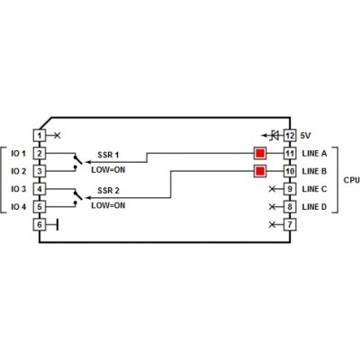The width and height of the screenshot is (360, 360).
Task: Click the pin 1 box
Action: click(x=40, y=136)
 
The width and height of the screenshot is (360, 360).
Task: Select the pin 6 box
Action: click(x=40, y=225)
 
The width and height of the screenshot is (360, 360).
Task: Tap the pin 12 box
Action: click(x=290, y=136)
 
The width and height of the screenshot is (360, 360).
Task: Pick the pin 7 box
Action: click(x=290, y=225)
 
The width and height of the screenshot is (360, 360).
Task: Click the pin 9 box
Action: click(x=290, y=189)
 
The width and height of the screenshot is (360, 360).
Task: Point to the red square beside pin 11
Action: click(x=260, y=154)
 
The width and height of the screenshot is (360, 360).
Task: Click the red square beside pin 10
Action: click(x=260, y=171)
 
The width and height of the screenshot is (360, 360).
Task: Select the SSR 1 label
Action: click(x=108, y=155)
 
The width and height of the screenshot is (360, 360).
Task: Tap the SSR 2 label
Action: click(x=108, y=191)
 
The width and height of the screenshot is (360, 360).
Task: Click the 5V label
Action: click(x=305, y=136)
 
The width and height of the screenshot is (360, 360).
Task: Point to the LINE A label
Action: click(x=314, y=154)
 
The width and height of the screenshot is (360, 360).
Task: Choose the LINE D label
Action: click(x=314, y=207)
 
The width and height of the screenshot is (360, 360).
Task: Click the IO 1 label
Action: click(x=19, y=154)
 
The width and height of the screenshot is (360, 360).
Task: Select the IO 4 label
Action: click(x=19, y=207)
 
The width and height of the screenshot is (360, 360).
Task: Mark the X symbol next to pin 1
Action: click(x=58, y=136)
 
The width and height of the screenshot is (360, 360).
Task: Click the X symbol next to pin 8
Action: click(x=272, y=207)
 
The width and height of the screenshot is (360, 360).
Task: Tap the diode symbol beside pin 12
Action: click(x=274, y=136)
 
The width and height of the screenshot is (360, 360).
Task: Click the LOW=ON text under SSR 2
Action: click(x=108, y=206)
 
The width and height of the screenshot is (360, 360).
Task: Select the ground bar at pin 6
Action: click(x=57, y=225)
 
